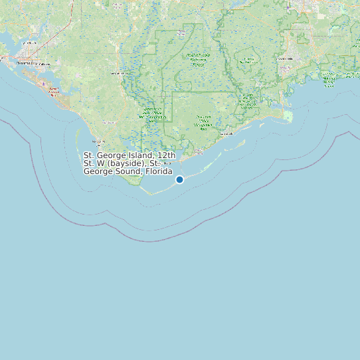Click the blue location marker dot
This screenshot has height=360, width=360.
179,179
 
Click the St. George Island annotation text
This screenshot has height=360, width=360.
130,163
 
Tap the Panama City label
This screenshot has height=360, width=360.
27,63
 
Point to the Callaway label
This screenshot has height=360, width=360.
45,64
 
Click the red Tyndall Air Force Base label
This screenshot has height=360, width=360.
54,90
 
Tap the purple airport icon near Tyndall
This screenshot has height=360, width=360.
44,84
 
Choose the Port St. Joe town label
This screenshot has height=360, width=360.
99,141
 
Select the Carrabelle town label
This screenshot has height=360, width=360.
226,134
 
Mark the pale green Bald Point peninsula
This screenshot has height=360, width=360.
287,117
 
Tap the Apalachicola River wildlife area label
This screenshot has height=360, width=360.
153,113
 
